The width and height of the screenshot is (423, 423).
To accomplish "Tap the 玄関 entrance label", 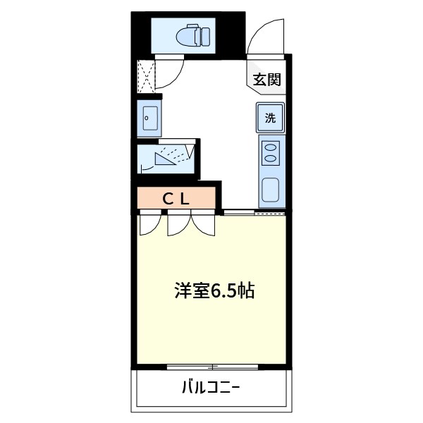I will (x=267, y=80).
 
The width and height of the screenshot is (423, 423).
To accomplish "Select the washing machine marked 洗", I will (x=270, y=118).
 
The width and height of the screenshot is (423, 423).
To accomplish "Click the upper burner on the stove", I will (x=270, y=148).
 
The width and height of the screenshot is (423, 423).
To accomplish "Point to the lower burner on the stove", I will (x=270, y=160).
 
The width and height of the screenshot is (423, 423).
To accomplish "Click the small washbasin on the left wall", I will (x=149, y=118).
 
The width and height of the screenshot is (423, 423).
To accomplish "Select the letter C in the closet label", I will (x=168, y=198).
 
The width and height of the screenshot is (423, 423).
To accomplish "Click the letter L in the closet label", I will (x=185, y=198).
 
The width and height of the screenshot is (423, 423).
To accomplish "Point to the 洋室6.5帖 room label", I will (x=214, y=290).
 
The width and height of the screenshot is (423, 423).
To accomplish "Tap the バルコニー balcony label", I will (x=210, y=386).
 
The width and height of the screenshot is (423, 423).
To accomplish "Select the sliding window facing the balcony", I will (x=212, y=367).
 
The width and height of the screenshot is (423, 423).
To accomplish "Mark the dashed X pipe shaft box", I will (x=146, y=76).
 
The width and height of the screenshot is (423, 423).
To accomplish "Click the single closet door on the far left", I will (x=148, y=224).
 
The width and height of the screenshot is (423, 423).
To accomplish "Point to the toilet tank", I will (x=204, y=35).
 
